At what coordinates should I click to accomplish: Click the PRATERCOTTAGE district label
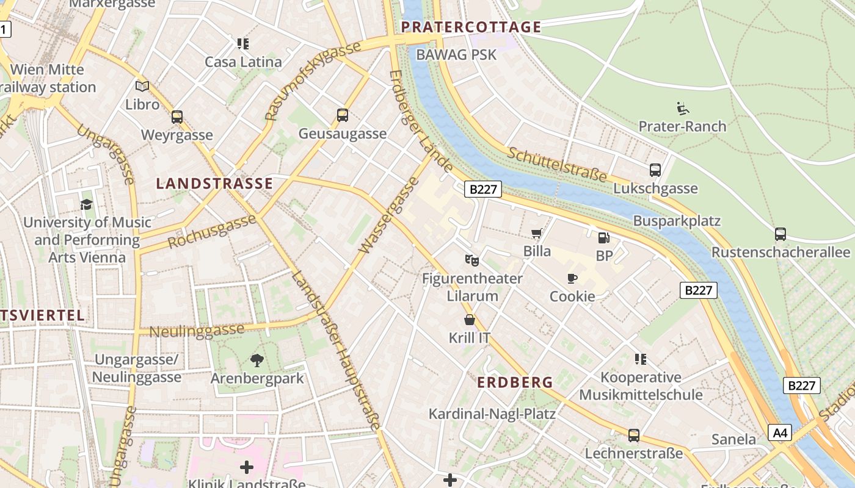click(471, 27)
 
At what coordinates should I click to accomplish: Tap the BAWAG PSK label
click(456, 54)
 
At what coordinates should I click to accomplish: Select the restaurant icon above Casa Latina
click(243, 43)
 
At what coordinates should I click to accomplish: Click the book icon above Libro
click(142, 87)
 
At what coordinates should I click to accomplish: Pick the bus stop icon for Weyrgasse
click(177, 117)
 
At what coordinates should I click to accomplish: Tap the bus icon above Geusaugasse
click(343, 115)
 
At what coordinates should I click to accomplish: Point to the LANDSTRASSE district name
click(214, 183)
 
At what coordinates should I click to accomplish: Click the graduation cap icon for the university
click(87, 204)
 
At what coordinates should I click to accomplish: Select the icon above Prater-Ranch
click(683, 109)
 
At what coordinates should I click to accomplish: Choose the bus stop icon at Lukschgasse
click(655, 170)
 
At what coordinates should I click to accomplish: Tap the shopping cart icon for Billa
click(537, 233)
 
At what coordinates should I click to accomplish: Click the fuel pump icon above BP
click(604, 238)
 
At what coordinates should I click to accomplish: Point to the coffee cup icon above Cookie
click(572, 279)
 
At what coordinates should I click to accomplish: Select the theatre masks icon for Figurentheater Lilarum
click(471, 260)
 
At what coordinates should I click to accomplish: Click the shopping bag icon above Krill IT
click(470, 320)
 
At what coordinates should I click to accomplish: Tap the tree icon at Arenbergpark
click(257, 360)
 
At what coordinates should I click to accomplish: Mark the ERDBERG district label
click(515, 382)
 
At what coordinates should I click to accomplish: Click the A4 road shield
click(780, 433)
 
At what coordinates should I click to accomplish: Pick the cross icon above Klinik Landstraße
click(247, 467)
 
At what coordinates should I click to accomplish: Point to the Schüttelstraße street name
click(557, 165)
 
